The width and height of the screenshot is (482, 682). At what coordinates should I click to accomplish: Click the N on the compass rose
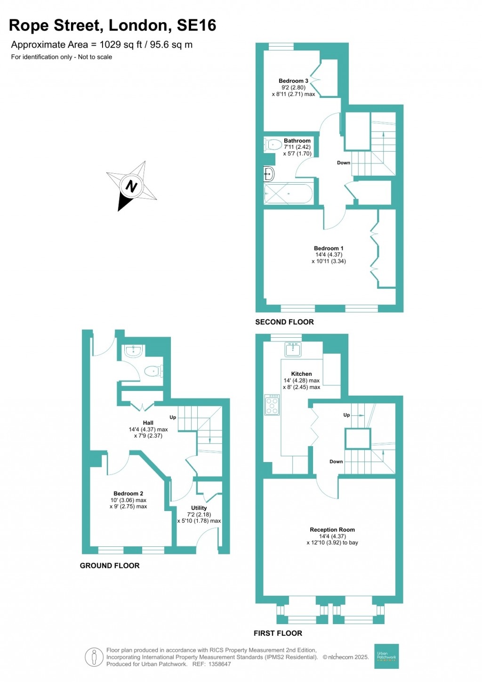point(131,186)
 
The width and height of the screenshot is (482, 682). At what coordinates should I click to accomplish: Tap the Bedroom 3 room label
point(293,81)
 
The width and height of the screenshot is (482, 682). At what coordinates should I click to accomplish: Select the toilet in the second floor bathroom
point(273,144)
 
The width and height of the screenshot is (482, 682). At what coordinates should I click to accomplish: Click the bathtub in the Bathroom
point(288,194)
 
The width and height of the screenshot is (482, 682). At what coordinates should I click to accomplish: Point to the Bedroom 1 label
point(329,248)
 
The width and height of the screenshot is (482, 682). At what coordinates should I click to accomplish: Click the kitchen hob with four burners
point(272,405)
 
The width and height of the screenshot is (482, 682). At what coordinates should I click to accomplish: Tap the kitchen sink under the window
point(293,349)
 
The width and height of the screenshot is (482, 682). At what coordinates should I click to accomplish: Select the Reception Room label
point(332,529)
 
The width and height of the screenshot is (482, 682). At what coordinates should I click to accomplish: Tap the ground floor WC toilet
point(153,372)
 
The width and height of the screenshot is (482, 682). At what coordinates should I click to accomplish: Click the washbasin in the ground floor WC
point(133,351)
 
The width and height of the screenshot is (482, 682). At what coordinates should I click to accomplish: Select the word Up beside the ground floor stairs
point(173,417)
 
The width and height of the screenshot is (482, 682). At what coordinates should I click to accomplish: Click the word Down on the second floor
point(344,162)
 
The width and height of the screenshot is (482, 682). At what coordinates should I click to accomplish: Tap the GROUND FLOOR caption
point(110,565)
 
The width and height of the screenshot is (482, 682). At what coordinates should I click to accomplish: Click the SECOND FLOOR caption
point(284,322)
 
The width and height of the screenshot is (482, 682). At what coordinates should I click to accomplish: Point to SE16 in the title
point(196,25)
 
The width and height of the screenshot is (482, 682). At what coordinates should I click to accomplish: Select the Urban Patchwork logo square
point(386,656)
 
